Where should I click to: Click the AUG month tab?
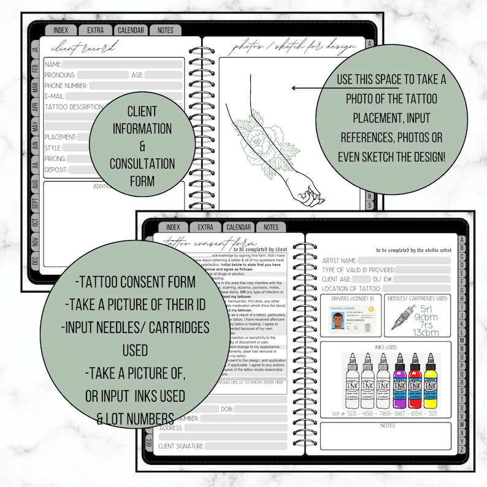tap(35, 183)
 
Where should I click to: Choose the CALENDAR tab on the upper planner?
tap(131, 30)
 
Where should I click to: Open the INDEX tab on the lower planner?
tap(173, 227)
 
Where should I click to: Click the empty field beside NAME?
tap(123, 64)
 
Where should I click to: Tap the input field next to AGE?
tap(164, 75)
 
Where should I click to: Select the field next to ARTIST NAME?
tap(405, 261)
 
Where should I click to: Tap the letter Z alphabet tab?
tap(462, 450)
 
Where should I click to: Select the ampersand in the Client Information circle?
tap(142, 147)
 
